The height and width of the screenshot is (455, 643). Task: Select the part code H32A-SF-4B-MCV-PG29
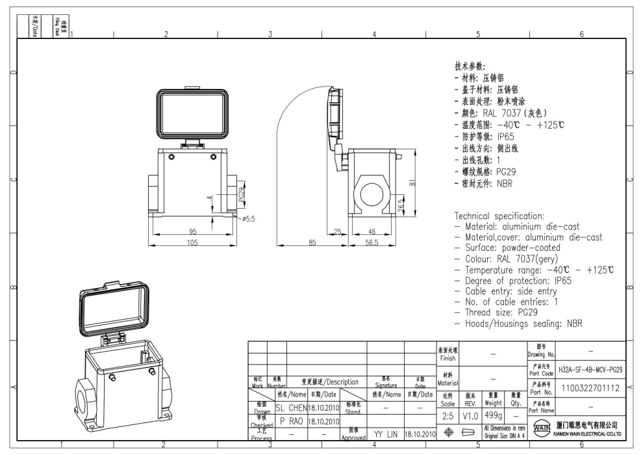click(590, 369)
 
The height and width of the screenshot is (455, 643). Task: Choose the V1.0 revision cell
click(470, 415)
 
